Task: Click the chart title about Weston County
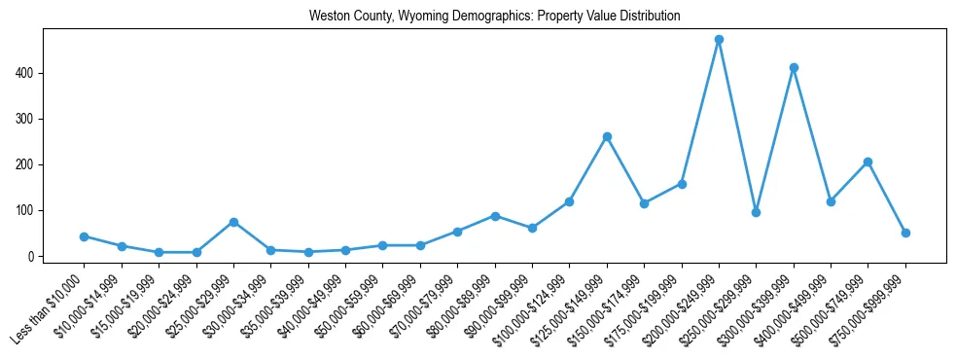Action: (x=494, y=17)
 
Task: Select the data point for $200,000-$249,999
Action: (x=719, y=40)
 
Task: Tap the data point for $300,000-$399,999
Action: (x=794, y=67)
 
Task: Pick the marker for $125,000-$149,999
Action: (x=607, y=137)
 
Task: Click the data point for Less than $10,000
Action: (x=85, y=236)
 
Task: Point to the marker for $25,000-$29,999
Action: (x=233, y=222)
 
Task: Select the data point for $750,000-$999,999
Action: (x=905, y=233)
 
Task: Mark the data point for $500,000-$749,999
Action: (x=867, y=162)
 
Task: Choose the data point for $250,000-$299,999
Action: (x=756, y=212)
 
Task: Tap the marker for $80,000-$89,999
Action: (x=495, y=216)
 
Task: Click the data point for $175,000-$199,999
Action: (x=682, y=184)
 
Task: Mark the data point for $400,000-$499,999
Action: (x=831, y=201)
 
